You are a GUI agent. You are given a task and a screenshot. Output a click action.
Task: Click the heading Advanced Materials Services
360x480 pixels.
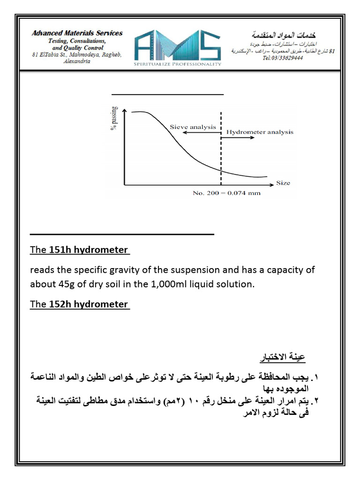coord(77,33)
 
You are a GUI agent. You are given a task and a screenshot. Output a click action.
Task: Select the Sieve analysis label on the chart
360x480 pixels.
coord(193,127)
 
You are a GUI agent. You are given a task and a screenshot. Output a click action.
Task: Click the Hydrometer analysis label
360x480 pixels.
coord(260,132)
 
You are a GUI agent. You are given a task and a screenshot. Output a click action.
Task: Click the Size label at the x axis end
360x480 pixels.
coord(283,183)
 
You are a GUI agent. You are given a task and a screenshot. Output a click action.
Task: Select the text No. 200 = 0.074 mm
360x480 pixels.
coord(227,193)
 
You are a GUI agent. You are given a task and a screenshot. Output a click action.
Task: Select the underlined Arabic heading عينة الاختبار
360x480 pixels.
coord(283,359)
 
